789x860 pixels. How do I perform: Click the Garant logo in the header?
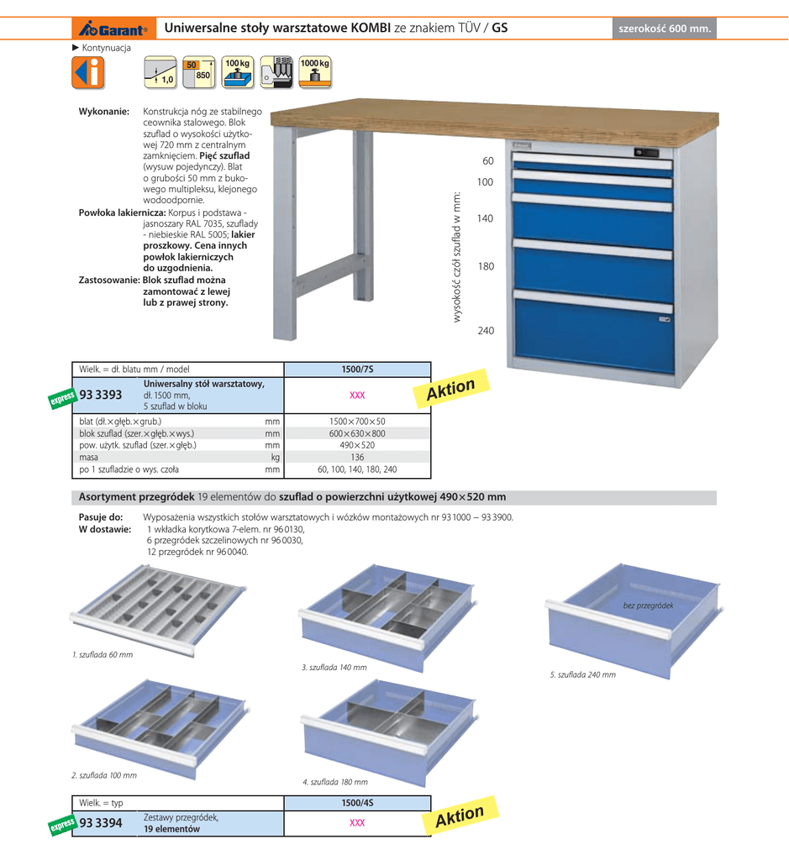tap(114, 29)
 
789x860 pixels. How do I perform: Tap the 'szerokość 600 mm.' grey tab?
tap(665, 29)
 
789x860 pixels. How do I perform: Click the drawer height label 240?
tap(486, 331)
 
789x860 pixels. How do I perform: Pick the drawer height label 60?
tap(488, 161)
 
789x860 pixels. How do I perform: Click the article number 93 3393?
tap(100, 395)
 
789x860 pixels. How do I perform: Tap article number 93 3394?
tap(100, 823)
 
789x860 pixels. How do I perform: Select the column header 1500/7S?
tap(357, 370)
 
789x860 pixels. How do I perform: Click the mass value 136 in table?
tap(357, 458)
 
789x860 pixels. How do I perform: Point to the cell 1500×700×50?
tap(357, 422)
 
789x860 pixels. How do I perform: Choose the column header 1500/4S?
tap(357, 804)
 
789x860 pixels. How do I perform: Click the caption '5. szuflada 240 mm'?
tap(581, 674)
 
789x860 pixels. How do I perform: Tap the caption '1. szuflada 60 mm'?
tap(103, 654)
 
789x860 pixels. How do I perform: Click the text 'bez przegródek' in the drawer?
tap(648, 606)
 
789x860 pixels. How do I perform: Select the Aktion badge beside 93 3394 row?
tap(460, 816)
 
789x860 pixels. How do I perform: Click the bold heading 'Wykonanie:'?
tap(103, 112)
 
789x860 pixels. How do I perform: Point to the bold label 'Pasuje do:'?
tap(101, 517)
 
